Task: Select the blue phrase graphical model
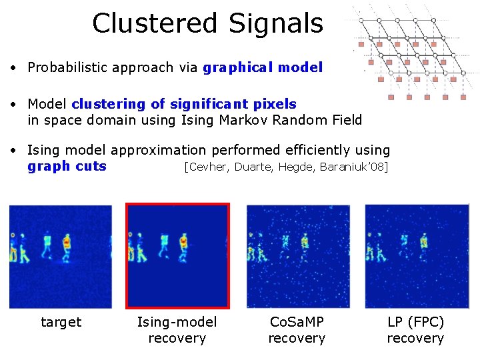(263, 67)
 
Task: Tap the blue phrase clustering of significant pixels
(184, 104)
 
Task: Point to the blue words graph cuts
(67, 166)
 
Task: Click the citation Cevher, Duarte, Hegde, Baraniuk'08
(285, 167)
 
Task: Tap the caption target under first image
(61, 323)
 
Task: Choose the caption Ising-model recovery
(177, 330)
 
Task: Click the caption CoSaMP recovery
(297, 330)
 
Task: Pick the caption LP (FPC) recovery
(415, 330)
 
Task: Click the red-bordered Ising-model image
(178, 256)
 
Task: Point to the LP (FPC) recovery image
(417, 256)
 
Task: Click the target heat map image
(60, 256)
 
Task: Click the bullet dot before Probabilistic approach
(13, 68)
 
